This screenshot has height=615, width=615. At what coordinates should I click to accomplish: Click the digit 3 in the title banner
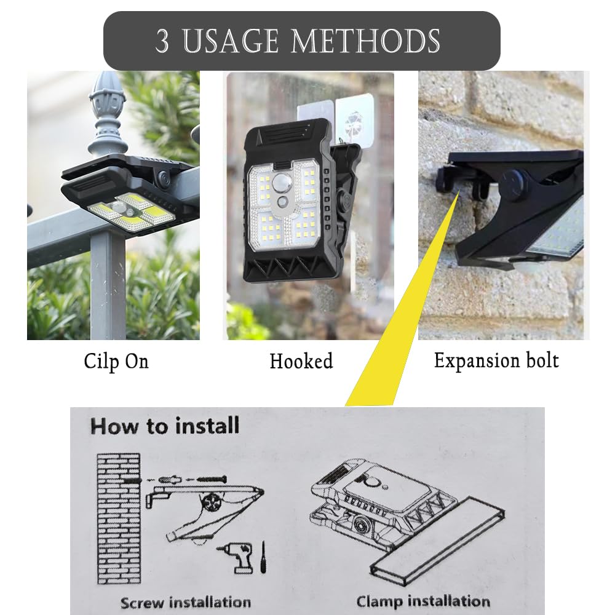(162, 41)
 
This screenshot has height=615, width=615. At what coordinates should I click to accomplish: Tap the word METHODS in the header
(365, 41)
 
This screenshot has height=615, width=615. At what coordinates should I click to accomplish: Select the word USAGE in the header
(231, 41)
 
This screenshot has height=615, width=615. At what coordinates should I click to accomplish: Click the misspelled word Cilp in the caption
(101, 362)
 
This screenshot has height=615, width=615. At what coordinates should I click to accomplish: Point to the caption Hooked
(301, 361)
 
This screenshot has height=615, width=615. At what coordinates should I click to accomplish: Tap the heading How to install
(165, 426)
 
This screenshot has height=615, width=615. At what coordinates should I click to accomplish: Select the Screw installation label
(186, 602)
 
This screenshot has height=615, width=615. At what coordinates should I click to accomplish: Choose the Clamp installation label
(423, 601)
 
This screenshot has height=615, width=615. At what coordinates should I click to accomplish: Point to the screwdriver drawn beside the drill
(264, 557)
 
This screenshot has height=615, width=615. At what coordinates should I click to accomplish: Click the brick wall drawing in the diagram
(119, 518)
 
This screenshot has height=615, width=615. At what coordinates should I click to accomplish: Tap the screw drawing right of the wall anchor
(212, 479)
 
